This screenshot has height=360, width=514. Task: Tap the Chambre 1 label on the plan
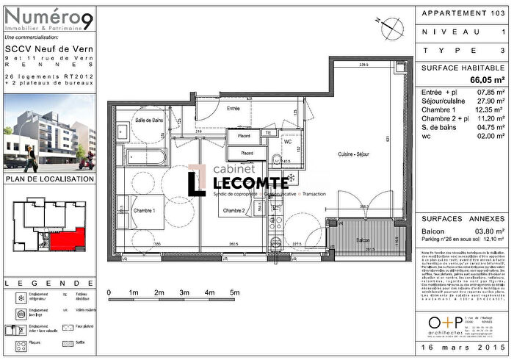pyautogui.click(x=148, y=210)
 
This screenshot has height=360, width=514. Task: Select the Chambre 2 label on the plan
pyautogui.click(x=234, y=210)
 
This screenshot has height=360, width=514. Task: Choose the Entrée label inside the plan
pyautogui.click(x=234, y=108)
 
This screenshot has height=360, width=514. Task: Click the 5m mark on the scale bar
pyautogui.click(x=235, y=292)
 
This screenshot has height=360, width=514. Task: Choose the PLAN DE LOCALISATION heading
pyautogui.click(x=49, y=179)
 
